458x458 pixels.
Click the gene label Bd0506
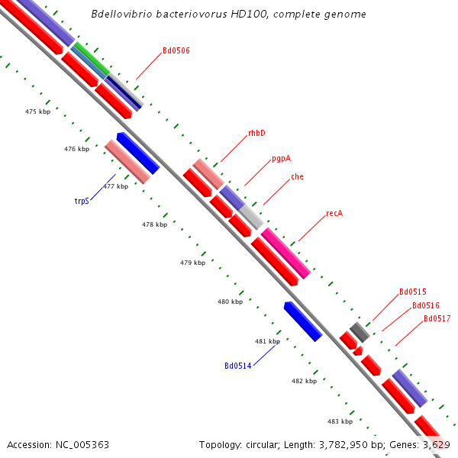tap(176, 51)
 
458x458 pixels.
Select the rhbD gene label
tap(256, 133)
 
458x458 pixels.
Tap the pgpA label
tap(281, 160)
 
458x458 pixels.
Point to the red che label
tap(297, 177)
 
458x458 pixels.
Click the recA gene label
tap(334, 213)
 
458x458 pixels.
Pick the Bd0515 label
tap(412, 292)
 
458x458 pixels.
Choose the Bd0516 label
tap(425, 305)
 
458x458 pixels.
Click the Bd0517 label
tap(437, 318)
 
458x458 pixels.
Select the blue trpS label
tap(82, 201)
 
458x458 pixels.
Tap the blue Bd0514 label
tap(237, 366)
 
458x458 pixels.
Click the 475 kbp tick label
tap(37, 111)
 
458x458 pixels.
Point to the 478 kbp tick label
tap(154, 224)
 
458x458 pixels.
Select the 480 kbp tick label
tap(230, 302)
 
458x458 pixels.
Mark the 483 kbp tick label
tap(340, 421)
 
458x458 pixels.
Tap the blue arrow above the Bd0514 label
tap(303, 321)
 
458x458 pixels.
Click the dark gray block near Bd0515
tap(360, 332)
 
